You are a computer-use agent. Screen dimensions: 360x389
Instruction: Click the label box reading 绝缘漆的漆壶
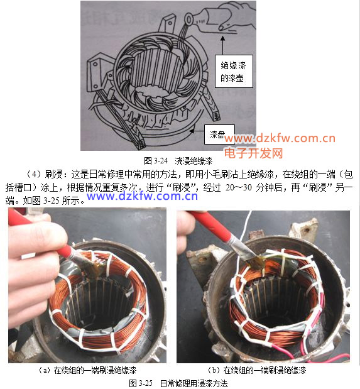pos(234,72)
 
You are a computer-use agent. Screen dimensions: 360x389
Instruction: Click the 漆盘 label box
pos(219,134)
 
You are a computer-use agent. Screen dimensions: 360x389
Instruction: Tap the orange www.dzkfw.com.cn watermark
pos(280,138)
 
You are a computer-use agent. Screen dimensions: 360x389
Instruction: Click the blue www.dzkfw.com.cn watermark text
pos(142,196)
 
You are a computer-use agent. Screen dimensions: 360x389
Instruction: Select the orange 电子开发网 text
pos(254,153)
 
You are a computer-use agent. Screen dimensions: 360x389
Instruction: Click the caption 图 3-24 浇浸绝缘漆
pos(178,161)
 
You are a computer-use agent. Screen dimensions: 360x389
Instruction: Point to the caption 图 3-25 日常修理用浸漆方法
pos(178,383)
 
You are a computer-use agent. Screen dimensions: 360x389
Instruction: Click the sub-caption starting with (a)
pos(87,370)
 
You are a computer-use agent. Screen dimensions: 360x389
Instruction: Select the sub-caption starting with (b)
pos(257,370)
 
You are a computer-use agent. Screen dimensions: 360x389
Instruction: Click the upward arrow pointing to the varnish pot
pos(222,45)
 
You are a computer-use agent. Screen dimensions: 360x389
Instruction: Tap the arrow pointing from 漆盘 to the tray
pos(197,131)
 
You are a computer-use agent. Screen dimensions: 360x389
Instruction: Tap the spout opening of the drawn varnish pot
pos(189,19)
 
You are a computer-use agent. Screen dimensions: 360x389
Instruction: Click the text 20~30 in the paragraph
pos(238,187)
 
